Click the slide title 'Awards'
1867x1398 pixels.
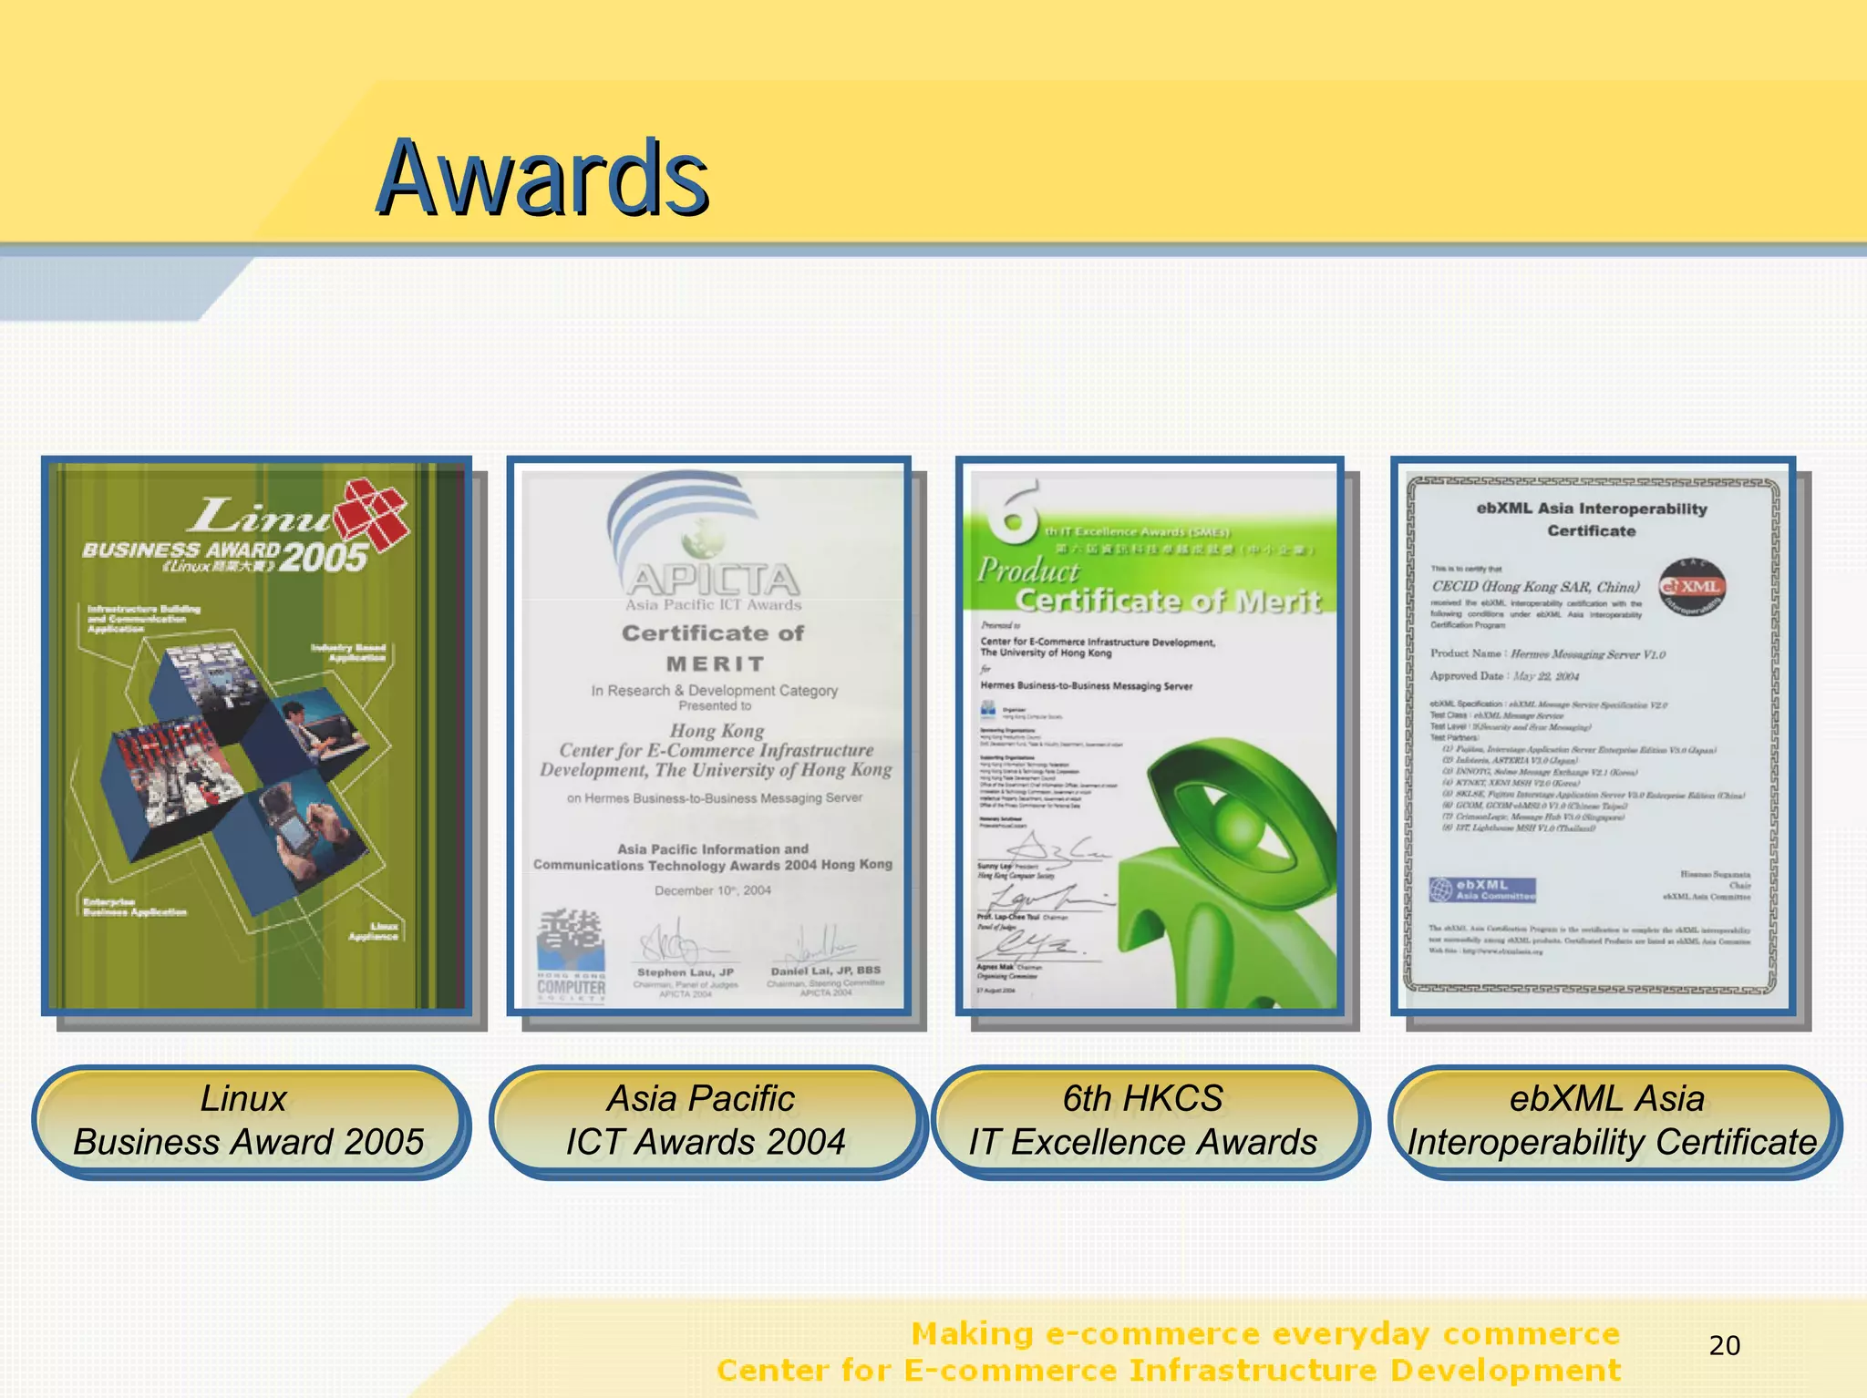point(542,178)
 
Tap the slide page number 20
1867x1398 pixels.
point(1724,1345)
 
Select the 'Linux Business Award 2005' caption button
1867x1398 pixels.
point(248,1121)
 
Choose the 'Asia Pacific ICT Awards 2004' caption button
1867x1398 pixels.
point(705,1121)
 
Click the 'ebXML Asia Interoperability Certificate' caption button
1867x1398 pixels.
point(1610,1121)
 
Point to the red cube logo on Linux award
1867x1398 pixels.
point(371,516)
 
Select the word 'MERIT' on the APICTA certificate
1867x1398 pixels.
point(715,664)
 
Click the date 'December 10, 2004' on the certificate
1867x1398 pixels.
point(713,890)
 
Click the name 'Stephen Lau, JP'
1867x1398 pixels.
point(686,972)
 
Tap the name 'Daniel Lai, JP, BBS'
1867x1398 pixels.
point(826,971)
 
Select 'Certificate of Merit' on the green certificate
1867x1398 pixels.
point(1168,601)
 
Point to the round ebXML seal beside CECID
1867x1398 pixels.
point(1691,588)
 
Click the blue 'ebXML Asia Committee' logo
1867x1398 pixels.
point(1482,889)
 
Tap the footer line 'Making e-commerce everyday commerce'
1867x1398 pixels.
point(1265,1334)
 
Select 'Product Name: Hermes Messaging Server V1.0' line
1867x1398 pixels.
point(1547,654)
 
